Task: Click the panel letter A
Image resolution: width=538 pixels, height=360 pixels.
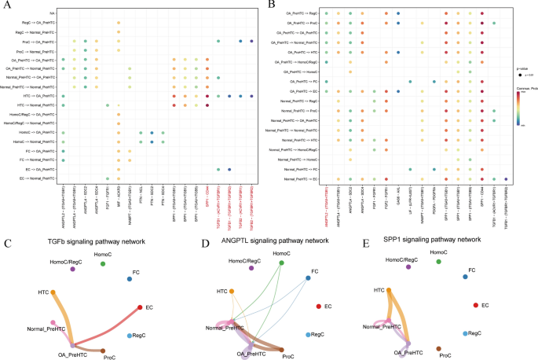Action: coord(7,6)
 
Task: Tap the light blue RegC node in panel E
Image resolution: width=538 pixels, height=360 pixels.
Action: coord(467,334)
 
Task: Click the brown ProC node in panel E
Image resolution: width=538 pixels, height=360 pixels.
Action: coord(438,347)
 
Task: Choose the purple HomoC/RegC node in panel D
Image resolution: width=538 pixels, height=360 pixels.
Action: coord(251,269)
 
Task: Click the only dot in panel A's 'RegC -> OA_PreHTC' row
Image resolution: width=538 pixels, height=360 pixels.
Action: coord(119,23)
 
